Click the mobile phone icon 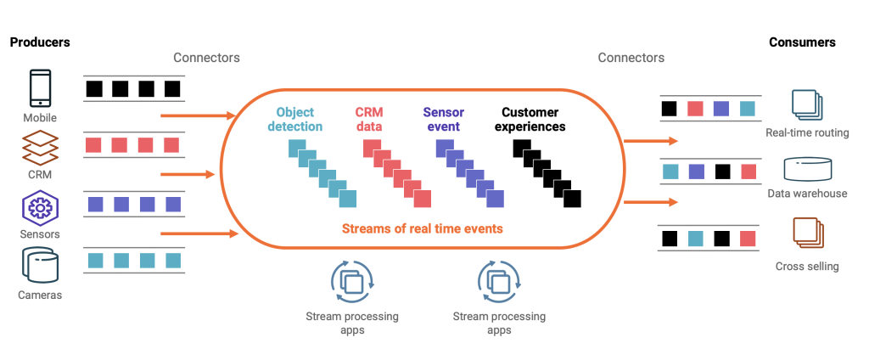coord(40,88)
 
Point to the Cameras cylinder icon coord(40,266)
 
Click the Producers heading coord(40,42)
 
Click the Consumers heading coord(802,42)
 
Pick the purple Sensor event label coord(441,120)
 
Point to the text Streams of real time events coord(422,228)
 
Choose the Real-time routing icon coord(806,105)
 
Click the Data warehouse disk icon coord(806,168)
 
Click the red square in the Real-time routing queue coord(695,109)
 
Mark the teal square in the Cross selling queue coord(695,237)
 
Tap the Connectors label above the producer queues coord(206,58)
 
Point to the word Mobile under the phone coord(40,118)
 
